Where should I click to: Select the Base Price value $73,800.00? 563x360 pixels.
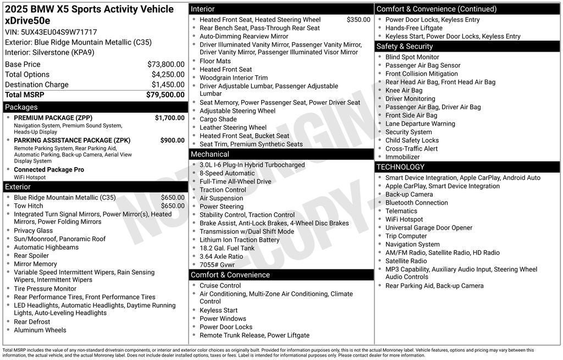pyautogui.click(x=165, y=64)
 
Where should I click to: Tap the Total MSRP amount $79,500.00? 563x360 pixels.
pyautogui.click(x=165, y=95)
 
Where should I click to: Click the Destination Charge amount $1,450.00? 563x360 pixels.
pyautogui.click(x=168, y=85)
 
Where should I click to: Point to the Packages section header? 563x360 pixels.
pyautogui.click(x=21, y=107)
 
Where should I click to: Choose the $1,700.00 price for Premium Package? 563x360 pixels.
pyautogui.click(x=169, y=118)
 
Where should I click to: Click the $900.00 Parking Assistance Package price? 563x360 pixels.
pyautogui.click(x=172, y=140)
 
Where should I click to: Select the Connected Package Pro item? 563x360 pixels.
pyautogui.click(x=49, y=170)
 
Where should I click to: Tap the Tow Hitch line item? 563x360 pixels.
pyautogui.click(x=29, y=206)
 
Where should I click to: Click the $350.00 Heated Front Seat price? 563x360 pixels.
pyautogui.click(x=358, y=20)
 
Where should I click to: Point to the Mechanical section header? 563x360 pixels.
pyautogui.click(x=210, y=154)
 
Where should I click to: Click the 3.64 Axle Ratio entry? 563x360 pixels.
pyautogui.click(x=221, y=257)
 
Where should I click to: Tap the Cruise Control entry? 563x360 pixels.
pyautogui.click(x=220, y=286)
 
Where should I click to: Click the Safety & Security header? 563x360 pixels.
pyautogui.click(x=405, y=47)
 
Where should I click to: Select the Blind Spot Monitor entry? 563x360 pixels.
pyautogui.click(x=412, y=57)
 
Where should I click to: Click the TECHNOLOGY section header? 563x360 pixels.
pyautogui.click(x=400, y=167)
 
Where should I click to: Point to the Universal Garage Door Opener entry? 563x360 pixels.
pyautogui.click(x=429, y=228)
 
